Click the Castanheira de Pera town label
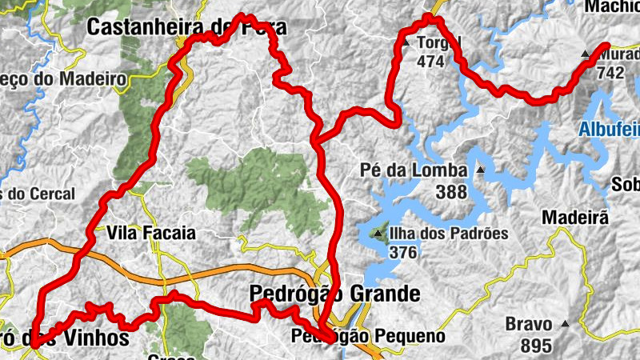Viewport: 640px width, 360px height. (186, 27)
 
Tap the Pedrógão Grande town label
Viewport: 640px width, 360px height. (334, 294)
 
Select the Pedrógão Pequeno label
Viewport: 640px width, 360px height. (368, 336)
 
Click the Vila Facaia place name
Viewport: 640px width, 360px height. (151, 234)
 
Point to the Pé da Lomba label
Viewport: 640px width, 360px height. (414, 170)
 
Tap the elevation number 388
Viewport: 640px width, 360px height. (452, 192)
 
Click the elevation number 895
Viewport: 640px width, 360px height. (535, 346)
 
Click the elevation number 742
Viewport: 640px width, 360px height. (610, 73)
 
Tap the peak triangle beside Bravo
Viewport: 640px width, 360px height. (565, 325)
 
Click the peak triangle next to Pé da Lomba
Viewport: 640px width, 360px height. (480, 170)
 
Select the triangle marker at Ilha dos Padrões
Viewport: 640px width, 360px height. (377, 234)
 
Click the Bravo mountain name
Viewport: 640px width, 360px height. (529, 325)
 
